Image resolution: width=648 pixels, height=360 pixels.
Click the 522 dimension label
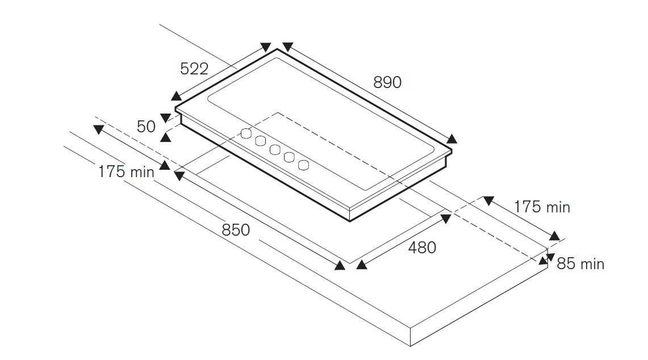[x=194, y=69]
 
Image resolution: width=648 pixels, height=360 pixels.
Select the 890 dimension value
[x=387, y=82]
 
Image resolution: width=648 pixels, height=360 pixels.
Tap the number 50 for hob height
[x=146, y=126]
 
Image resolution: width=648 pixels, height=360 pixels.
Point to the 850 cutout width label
[x=235, y=230]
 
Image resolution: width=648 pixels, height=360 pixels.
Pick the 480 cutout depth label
[x=422, y=248]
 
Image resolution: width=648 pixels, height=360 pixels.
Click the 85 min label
[x=580, y=264]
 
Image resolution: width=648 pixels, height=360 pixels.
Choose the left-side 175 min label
[x=126, y=171]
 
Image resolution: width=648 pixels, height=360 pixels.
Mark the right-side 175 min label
[x=542, y=207]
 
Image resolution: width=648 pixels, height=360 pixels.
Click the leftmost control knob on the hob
[x=246, y=133]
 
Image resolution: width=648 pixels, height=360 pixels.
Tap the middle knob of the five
[x=275, y=150]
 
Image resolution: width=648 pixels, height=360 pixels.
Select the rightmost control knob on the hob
[x=304, y=165]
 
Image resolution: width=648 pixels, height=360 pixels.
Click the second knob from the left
[x=261, y=141]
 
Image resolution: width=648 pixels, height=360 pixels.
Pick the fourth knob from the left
[x=290, y=158]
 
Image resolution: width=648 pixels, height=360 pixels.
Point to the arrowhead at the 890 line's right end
[x=451, y=139]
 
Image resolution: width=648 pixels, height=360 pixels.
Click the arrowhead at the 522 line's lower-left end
[x=177, y=96]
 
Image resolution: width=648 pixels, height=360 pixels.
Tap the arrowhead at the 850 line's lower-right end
[x=340, y=265]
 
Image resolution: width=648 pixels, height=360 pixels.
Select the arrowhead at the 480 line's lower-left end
[x=361, y=265]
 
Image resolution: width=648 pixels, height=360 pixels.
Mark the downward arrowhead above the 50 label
[x=165, y=118]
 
